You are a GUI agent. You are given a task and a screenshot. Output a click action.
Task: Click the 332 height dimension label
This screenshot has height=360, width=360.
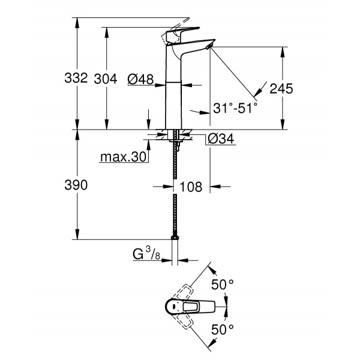point(77,78)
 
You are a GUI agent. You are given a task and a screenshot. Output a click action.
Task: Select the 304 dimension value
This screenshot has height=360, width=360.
point(106,78)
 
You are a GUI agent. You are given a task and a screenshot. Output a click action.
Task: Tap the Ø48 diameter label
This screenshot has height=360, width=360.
point(142,78)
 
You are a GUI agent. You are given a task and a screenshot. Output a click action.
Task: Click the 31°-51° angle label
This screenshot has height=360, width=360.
point(235,108)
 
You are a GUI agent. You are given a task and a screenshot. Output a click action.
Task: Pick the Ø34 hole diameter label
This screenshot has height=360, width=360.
point(220,140)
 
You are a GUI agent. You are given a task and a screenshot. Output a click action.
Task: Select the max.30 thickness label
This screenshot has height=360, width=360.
point(123,157)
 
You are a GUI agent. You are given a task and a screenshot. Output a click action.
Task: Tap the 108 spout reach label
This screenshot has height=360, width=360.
point(191,187)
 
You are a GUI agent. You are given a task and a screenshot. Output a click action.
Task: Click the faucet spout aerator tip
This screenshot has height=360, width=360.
point(209,46)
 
